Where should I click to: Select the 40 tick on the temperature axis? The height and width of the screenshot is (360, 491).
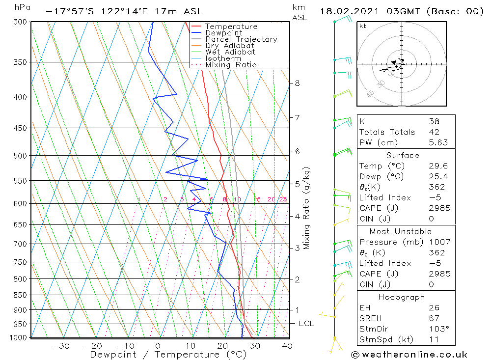tap(287, 346)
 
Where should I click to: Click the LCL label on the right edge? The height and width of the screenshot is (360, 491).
tap(306, 324)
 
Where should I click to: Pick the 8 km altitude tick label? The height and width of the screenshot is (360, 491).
tap(298, 83)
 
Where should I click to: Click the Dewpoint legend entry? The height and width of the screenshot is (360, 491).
tap(224, 33)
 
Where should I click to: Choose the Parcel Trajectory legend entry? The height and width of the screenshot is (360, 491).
tap(241, 39)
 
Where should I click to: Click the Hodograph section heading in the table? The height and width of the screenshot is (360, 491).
tap(402, 297)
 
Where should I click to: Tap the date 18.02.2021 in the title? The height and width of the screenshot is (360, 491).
tap(347, 11)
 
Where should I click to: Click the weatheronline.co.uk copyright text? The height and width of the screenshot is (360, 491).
tap(409, 355)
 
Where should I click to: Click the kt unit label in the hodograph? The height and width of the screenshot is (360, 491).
tap(362, 26)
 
